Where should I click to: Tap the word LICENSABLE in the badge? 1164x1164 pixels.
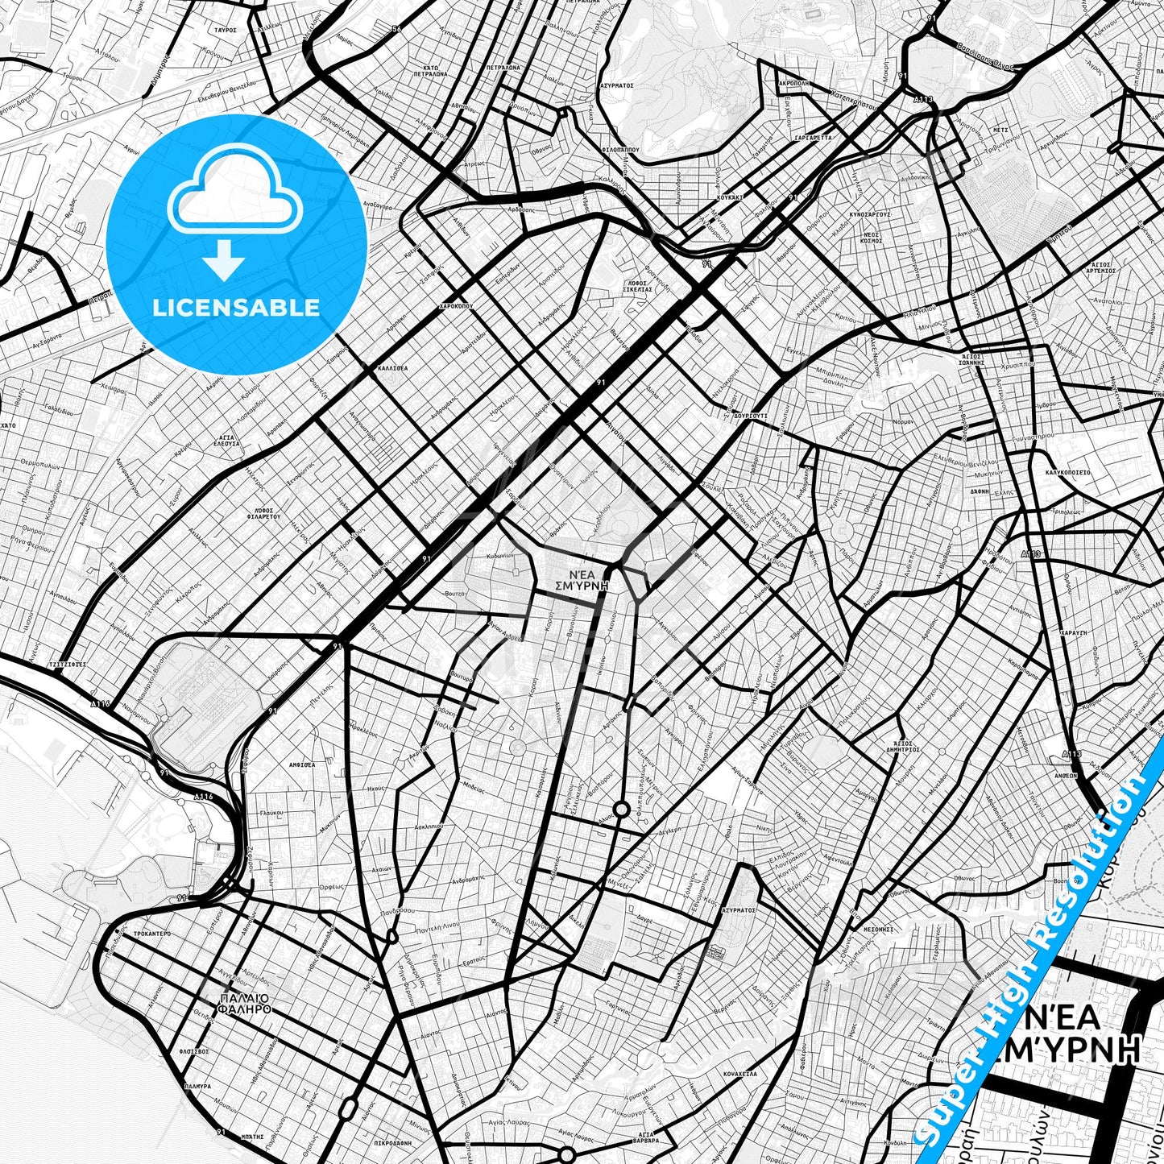[x=237, y=308]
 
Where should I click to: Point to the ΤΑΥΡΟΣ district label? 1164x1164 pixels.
[x=225, y=29]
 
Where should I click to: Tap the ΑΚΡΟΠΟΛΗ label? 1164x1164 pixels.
[x=794, y=83]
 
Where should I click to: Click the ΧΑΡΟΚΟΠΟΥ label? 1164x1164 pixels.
[x=455, y=307]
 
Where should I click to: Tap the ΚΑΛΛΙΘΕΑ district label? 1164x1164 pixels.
[x=392, y=367]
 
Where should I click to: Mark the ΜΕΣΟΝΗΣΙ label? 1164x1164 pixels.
[x=878, y=930]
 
